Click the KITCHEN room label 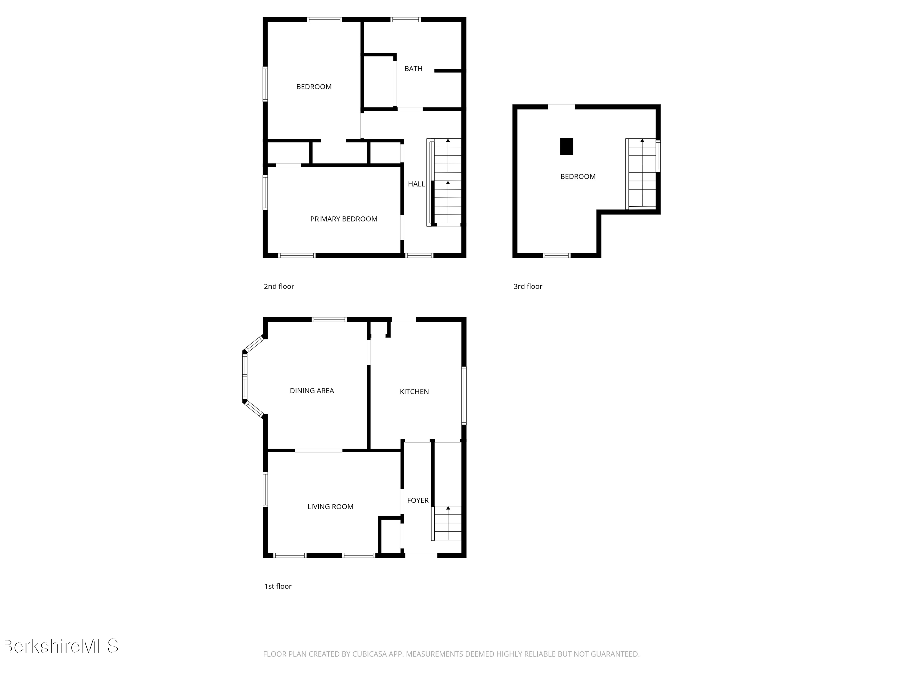click(x=414, y=392)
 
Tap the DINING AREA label click(x=312, y=391)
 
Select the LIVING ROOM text click(x=330, y=507)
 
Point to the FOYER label click(x=417, y=500)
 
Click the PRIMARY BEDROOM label click(x=344, y=219)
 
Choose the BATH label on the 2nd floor click(x=413, y=69)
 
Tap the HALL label click(x=416, y=184)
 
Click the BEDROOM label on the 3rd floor click(x=578, y=177)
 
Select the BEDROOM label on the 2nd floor click(x=314, y=87)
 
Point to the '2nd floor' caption click(x=279, y=286)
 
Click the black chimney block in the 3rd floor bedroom click(x=566, y=147)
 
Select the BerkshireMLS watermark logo click(x=60, y=646)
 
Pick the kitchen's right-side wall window click(x=464, y=395)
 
